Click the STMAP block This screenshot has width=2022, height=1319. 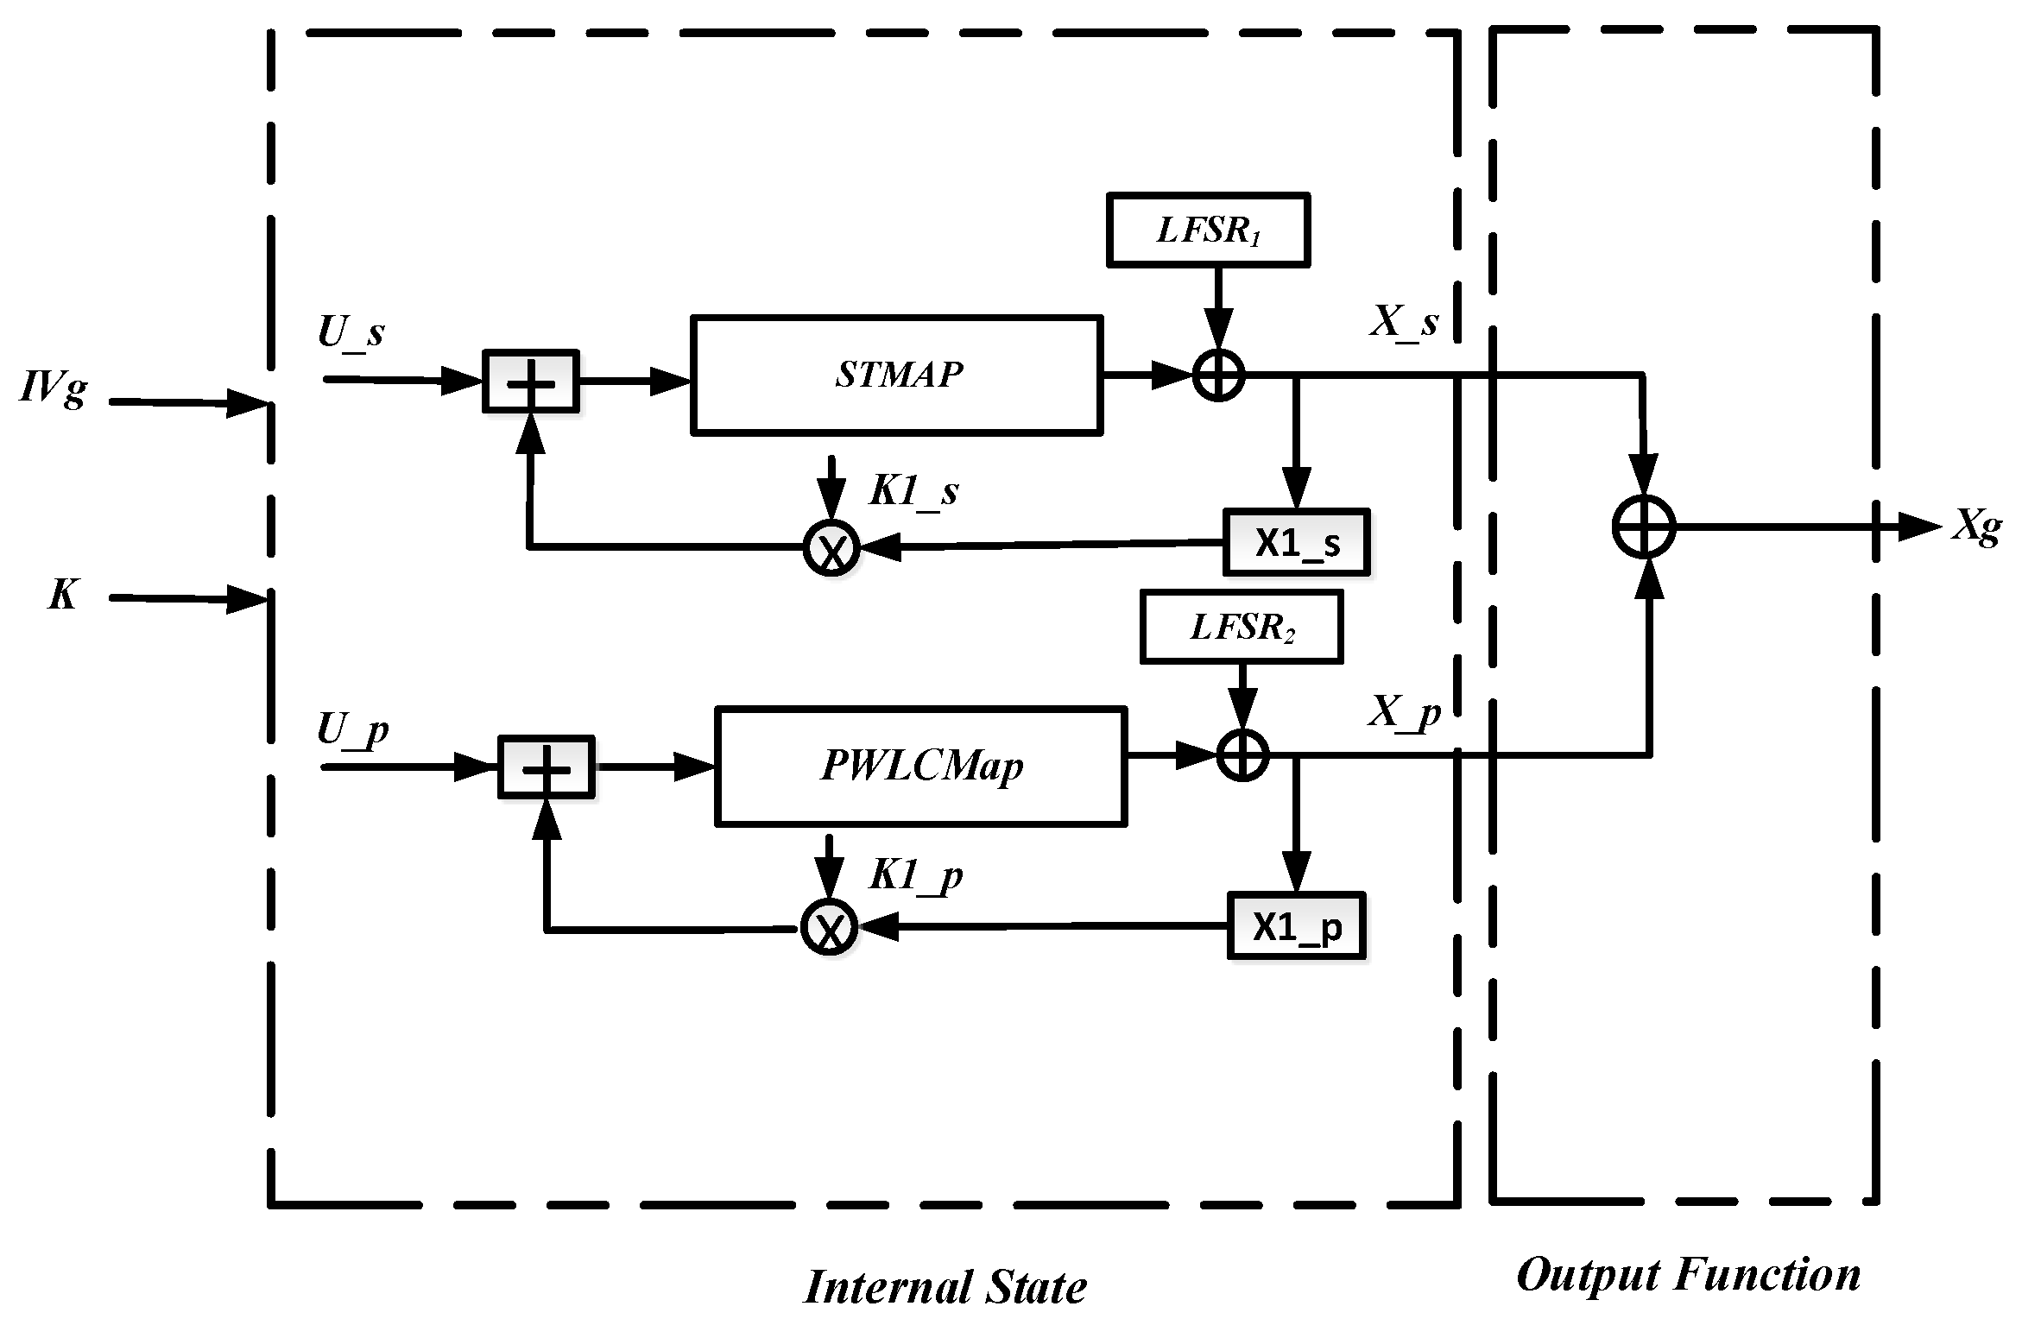(x=896, y=376)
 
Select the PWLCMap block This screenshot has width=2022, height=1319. (x=920, y=767)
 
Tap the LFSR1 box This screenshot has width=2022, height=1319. (x=1208, y=230)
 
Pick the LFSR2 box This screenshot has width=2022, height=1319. (x=1241, y=627)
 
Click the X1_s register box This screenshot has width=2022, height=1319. (x=1296, y=543)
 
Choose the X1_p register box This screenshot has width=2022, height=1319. (x=1296, y=926)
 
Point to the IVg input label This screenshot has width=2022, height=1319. (x=54, y=388)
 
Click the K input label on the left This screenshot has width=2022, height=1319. (x=62, y=595)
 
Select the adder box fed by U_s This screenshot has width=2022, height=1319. (x=530, y=382)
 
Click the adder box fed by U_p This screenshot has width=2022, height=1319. (x=546, y=767)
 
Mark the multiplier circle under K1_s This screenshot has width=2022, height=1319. (x=831, y=548)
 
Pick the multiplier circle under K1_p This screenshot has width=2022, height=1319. (x=829, y=927)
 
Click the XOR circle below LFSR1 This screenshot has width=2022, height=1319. (x=1218, y=376)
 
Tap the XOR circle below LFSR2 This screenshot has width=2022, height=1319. (x=1242, y=754)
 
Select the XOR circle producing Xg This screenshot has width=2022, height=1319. (x=1644, y=527)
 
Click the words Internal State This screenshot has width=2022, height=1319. (x=945, y=1287)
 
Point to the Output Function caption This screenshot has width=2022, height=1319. (x=1688, y=1274)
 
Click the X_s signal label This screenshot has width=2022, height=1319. (x=1404, y=323)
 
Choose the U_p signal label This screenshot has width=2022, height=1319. (x=352, y=730)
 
